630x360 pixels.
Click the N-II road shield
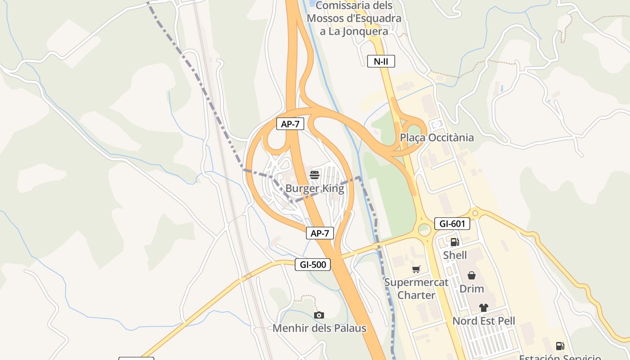pyautogui.click(x=381, y=61)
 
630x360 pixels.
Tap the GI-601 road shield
pyautogui.click(x=452, y=224)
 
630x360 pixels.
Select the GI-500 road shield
pyautogui.click(x=313, y=265)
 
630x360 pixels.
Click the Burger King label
pyautogui.click(x=315, y=189)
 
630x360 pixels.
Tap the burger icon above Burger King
pyautogui.click(x=315, y=175)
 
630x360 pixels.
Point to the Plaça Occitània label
pyautogui.click(x=436, y=137)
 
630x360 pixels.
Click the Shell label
pyautogui.click(x=455, y=255)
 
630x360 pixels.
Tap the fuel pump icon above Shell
pyautogui.click(x=454, y=242)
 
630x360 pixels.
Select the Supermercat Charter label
pyautogui.click(x=416, y=289)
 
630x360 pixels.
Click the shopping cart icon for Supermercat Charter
pyautogui.click(x=416, y=269)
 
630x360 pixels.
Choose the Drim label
pyautogui.click(x=472, y=288)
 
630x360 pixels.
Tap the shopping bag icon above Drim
pyautogui.click(x=472, y=275)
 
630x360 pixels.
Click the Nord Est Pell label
pyautogui.click(x=484, y=321)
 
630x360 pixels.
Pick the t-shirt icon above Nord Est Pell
pyautogui.click(x=484, y=308)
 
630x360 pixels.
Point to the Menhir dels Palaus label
pyautogui.click(x=319, y=328)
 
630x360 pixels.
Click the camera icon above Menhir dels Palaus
pyautogui.click(x=319, y=315)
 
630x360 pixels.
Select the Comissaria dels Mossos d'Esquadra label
pyautogui.click(x=354, y=18)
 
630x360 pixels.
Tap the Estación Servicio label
pyautogui.click(x=560, y=357)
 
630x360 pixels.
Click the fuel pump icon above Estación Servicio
pyautogui.click(x=560, y=346)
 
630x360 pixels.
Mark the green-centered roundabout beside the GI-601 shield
pyautogui.click(x=424, y=230)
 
